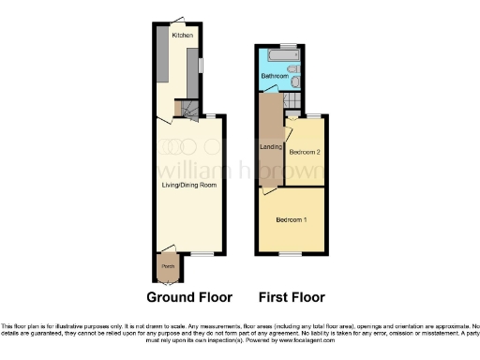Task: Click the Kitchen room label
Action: [x=182, y=35]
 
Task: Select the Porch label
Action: [x=168, y=266]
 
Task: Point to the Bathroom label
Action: [x=274, y=75]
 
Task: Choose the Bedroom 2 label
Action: [x=305, y=152]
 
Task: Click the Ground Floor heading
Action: [x=190, y=297]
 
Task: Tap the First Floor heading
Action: [x=292, y=297]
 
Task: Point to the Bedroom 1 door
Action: [x=269, y=189]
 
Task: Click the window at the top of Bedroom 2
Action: [x=313, y=114]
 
